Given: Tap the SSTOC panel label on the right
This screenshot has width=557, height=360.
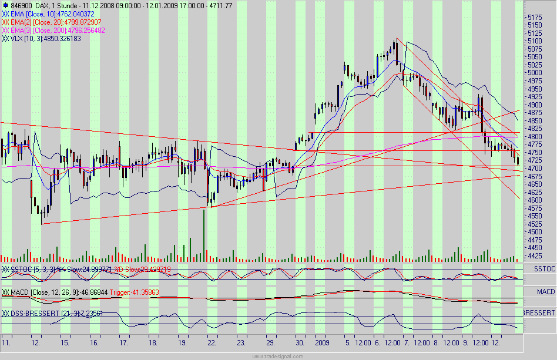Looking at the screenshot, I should [545, 268].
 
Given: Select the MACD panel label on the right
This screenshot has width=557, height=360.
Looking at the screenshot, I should [546, 291].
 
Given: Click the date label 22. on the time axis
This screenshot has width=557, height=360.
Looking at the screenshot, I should [212, 342].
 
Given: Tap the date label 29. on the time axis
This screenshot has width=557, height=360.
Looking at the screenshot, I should [270, 342].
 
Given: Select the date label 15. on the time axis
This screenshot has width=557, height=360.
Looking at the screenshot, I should [65, 342].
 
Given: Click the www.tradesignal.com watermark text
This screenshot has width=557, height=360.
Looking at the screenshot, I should [278, 356].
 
